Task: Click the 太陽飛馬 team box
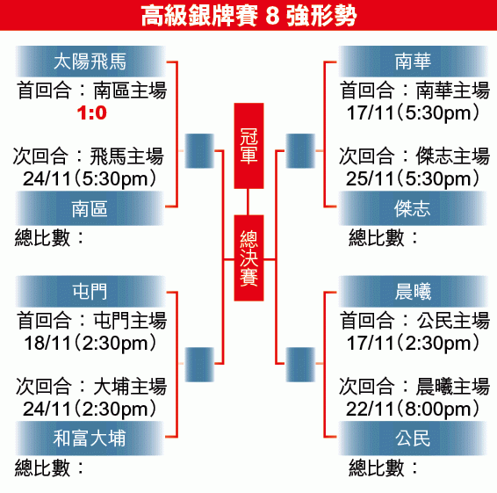click(x=90, y=62)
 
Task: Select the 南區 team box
click(x=90, y=208)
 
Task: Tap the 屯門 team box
click(x=90, y=291)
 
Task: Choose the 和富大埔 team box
click(x=90, y=439)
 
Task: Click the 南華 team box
click(x=413, y=62)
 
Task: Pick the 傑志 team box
click(x=413, y=208)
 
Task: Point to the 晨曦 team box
click(x=413, y=291)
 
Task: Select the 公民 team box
click(x=413, y=439)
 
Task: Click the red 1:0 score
click(x=92, y=113)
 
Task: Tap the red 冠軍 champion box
click(x=248, y=146)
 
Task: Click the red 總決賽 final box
click(x=248, y=257)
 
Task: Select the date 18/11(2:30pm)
click(x=90, y=343)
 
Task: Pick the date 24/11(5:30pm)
click(x=90, y=178)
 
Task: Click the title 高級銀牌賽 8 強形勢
click(x=248, y=15)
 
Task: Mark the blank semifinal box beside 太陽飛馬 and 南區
click(x=199, y=150)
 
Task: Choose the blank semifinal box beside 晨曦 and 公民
click(x=300, y=364)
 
